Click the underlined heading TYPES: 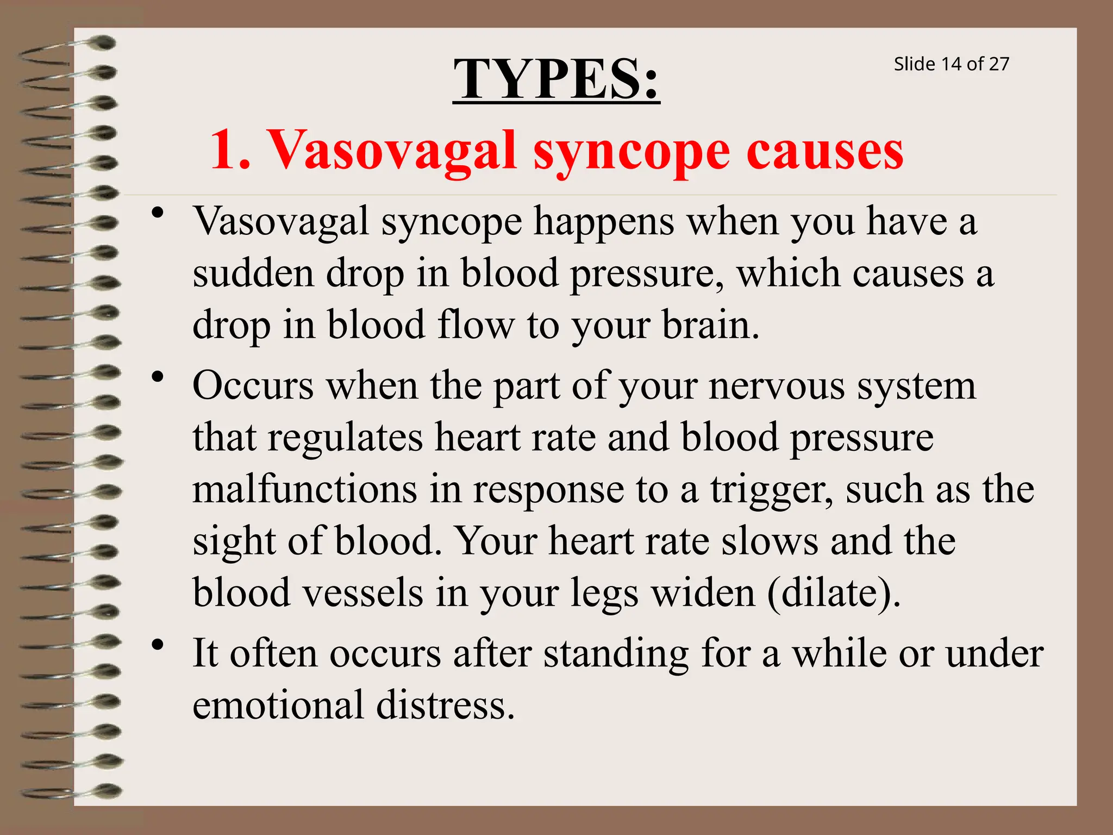click(x=556, y=80)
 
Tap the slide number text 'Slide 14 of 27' click(x=951, y=64)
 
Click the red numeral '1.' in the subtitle click(x=230, y=151)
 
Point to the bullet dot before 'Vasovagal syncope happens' click(x=158, y=213)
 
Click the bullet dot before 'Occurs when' click(x=158, y=377)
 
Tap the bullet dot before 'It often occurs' click(x=158, y=645)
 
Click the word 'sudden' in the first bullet click(x=253, y=273)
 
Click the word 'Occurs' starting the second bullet click(x=253, y=385)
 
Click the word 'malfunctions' click(x=305, y=489)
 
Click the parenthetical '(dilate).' click(x=834, y=593)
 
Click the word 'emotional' click(x=278, y=705)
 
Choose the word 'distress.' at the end click(x=445, y=705)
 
